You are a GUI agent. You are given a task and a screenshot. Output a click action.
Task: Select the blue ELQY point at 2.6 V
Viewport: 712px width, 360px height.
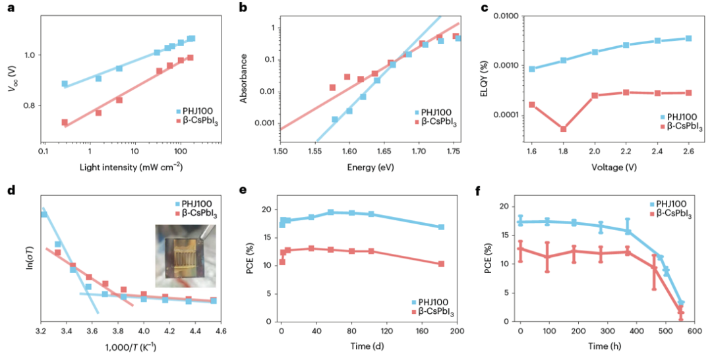[x=688, y=38]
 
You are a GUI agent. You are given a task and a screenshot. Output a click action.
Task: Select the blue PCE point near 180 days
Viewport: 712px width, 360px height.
[x=441, y=227]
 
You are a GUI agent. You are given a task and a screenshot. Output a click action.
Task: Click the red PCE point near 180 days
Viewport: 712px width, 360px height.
[x=441, y=264]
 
